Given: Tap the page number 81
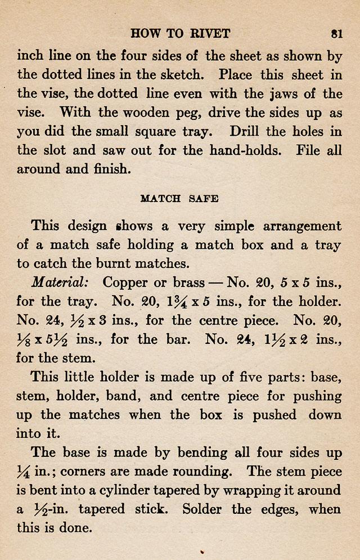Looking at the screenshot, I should [x=337, y=33].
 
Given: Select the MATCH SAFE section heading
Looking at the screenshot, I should [x=179, y=198].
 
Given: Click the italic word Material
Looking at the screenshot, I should [x=58, y=283].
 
